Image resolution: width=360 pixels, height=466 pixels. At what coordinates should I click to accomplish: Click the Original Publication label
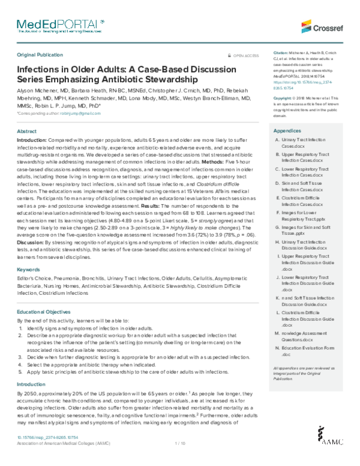(40, 54)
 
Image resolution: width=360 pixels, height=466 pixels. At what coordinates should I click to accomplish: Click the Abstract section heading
(26, 130)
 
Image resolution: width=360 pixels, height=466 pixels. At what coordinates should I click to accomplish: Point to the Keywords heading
(28, 270)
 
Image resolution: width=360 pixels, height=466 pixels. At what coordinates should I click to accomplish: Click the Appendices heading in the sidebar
(287, 130)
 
